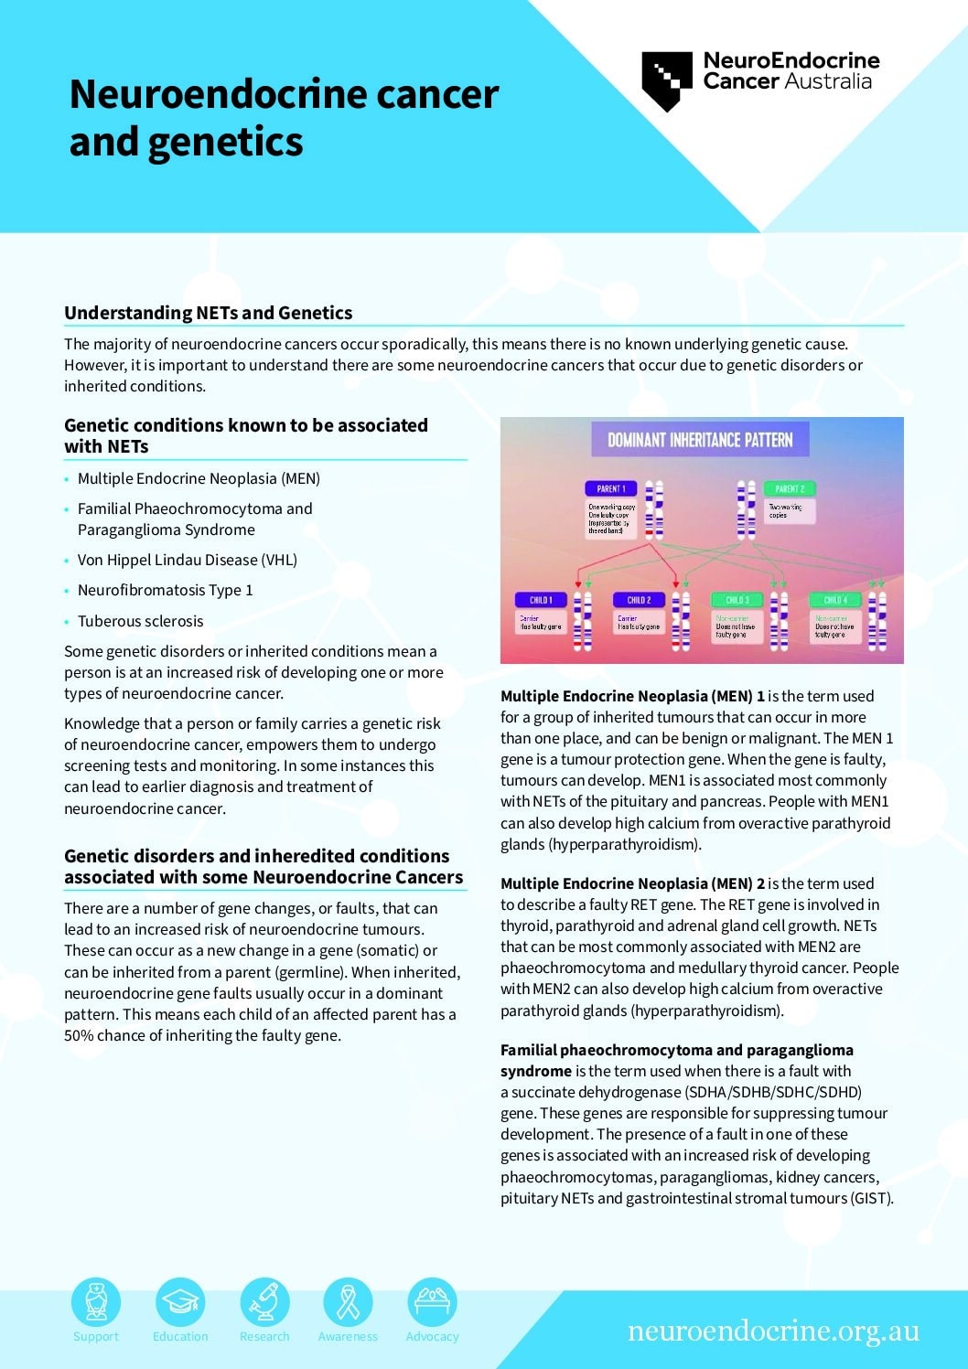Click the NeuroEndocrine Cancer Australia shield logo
tap(667, 80)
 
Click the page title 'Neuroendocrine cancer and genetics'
tap(284, 118)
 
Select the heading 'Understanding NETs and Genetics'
tap(208, 313)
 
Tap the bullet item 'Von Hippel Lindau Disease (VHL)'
tap(187, 560)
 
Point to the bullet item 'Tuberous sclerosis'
tap(140, 621)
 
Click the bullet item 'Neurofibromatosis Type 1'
tap(165, 590)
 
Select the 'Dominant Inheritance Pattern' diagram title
tap(700, 440)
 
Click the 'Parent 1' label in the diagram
tap(611, 488)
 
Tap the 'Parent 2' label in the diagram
tap(789, 488)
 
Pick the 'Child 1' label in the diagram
tap(541, 600)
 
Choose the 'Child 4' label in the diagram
tap(835, 600)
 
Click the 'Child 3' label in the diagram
tap(737, 600)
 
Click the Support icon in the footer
tap(96, 1301)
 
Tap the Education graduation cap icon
tap(180, 1301)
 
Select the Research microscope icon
tap(264, 1301)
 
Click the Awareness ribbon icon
tap(348, 1301)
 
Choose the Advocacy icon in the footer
tap(432, 1301)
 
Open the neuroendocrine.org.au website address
tap(773, 1331)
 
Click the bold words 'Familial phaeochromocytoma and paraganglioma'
tap(676, 1050)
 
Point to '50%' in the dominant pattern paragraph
tap(79, 1035)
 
